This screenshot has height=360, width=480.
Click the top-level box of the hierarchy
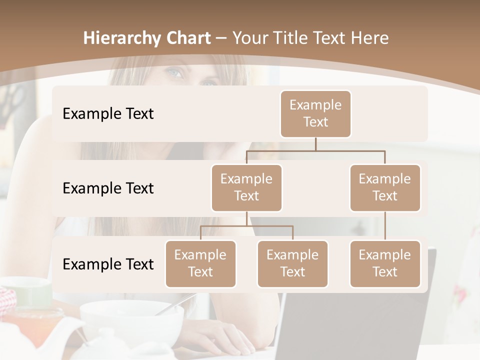click(x=315, y=113)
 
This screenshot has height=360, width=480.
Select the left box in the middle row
click(x=246, y=187)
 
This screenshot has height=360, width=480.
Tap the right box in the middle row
click(x=385, y=187)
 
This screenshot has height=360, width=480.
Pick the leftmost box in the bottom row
click(x=200, y=263)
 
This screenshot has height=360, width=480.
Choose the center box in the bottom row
click(x=292, y=263)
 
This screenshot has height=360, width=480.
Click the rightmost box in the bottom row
click(x=385, y=263)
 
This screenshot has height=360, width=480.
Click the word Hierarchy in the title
click(x=121, y=38)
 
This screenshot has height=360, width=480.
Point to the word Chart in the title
click(x=187, y=38)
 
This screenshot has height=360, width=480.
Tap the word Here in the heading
click(x=370, y=38)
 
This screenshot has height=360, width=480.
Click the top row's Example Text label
click(x=108, y=114)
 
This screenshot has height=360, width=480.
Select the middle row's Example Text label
click(x=108, y=188)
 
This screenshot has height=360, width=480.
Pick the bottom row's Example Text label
click(x=108, y=264)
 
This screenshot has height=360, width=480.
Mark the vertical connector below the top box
click(x=315, y=144)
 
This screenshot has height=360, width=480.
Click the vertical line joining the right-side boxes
click(x=385, y=226)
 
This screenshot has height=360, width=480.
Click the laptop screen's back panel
click(x=350, y=325)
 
